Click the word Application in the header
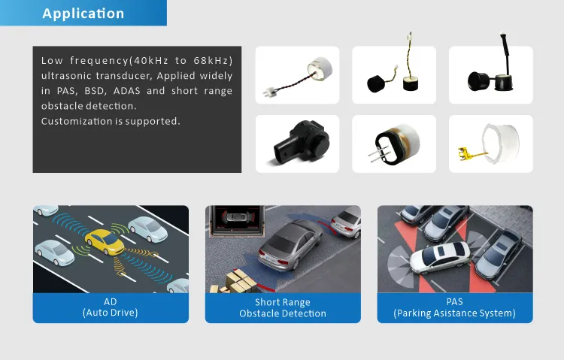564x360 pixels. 83,14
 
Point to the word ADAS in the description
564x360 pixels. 127,91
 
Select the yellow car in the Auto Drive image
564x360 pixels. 105,241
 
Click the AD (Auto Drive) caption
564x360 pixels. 111,307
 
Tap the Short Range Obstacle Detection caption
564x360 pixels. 283,308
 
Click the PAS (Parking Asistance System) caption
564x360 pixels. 455,307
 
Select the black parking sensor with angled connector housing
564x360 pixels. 301,142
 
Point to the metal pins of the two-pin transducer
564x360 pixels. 378,155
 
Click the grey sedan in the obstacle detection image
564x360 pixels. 290,244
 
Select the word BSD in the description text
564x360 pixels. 95,91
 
